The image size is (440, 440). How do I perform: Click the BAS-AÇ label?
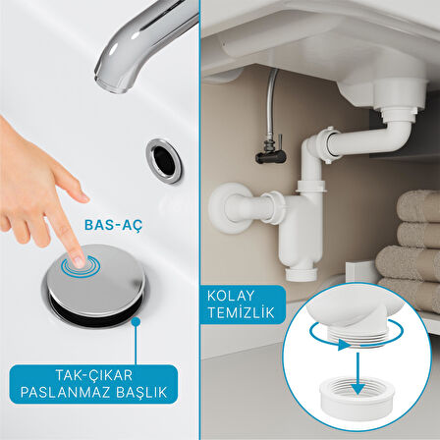(114, 225)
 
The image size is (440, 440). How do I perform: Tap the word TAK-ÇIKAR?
(94, 375)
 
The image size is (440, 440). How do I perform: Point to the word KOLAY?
(231, 296)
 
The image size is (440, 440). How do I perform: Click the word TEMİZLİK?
(241, 312)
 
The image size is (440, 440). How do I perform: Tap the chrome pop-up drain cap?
(95, 279)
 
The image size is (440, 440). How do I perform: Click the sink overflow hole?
(164, 161)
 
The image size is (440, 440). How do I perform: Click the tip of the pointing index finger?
(79, 261)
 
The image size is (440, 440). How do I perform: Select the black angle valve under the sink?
(270, 151)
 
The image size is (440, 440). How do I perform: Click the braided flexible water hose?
(271, 102)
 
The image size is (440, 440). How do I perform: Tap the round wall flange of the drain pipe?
(226, 208)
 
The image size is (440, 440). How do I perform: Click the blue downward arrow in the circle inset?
(357, 373)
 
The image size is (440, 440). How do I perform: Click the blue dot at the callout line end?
(136, 322)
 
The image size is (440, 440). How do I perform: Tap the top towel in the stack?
(418, 206)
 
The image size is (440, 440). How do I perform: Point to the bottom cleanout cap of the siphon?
(302, 274)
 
